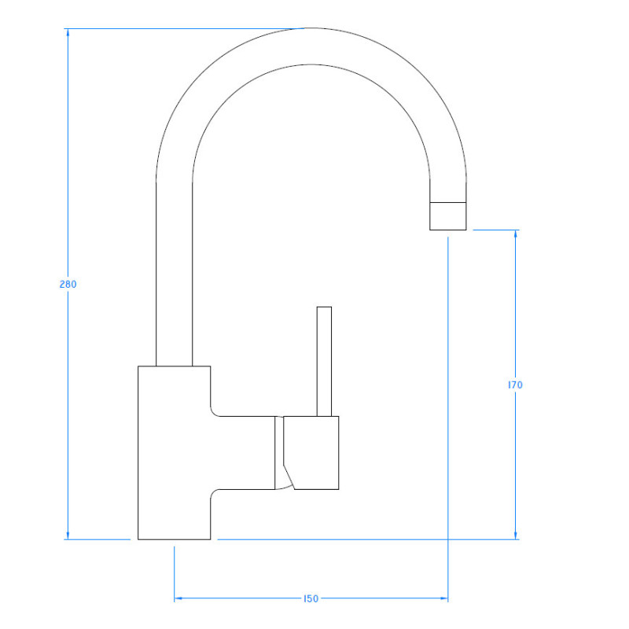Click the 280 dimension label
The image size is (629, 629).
click(68, 285)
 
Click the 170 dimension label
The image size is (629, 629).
click(515, 385)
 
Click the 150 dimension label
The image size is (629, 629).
click(311, 599)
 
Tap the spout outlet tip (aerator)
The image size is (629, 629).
click(447, 215)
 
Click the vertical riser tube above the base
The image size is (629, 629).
click(174, 275)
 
